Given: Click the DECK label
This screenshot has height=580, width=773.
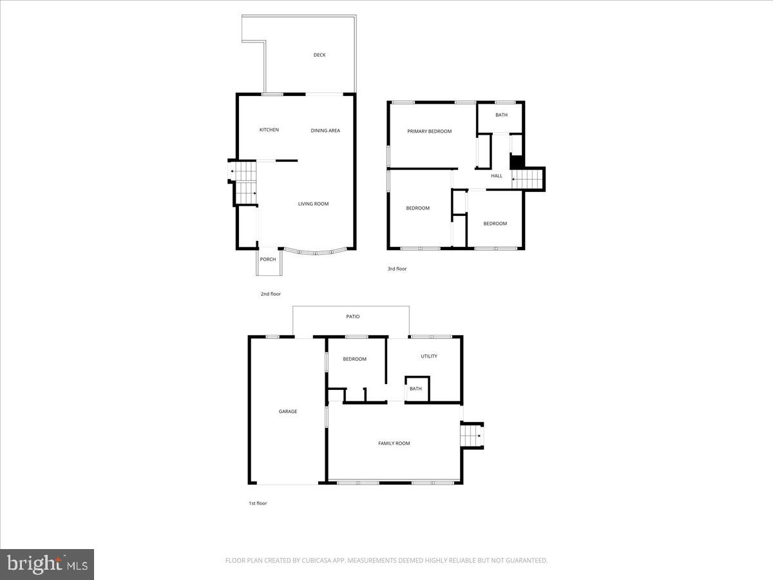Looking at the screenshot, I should click(x=320, y=55).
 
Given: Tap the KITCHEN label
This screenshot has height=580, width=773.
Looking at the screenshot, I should click(x=269, y=130).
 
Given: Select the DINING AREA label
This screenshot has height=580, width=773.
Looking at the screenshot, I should click(x=325, y=131).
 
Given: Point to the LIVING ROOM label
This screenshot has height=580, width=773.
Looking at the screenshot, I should click(x=313, y=204).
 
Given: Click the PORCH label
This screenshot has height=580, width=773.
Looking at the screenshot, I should click(x=268, y=260).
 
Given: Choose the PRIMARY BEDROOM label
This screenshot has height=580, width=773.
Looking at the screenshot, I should click(x=429, y=131).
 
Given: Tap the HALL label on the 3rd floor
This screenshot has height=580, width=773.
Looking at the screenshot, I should click(x=497, y=176).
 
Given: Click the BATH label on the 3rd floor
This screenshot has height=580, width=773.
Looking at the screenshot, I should click(x=501, y=115).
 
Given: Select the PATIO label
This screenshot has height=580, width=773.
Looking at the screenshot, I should click(x=351, y=317).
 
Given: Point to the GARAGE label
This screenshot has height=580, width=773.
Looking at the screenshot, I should click(x=288, y=412).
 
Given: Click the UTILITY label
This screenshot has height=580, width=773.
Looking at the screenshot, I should click(x=429, y=356).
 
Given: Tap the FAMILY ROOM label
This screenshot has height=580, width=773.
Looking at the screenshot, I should click(x=394, y=443).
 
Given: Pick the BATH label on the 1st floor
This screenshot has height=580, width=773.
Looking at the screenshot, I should click(x=415, y=389).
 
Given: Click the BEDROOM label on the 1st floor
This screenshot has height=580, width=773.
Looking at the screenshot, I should click(x=354, y=359).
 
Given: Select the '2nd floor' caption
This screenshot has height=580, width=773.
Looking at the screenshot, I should click(x=271, y=294).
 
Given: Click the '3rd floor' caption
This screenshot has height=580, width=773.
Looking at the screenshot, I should click(x=397, y=269).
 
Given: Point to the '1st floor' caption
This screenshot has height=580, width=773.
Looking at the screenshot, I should click(x=258, y=503).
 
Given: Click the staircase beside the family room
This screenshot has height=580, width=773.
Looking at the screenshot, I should click(x=472, y=436).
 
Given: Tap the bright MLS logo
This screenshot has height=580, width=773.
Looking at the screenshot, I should click(x=47, y=564).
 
